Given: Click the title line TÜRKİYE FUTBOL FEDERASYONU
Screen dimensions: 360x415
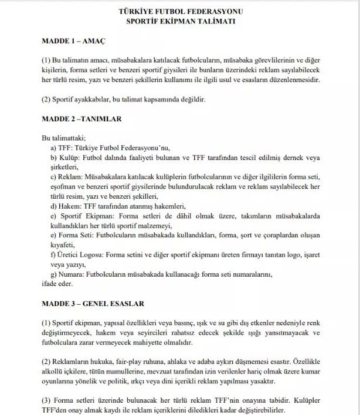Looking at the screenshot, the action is (180, 12).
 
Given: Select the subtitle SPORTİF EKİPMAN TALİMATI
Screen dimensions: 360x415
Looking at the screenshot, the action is (180, 21).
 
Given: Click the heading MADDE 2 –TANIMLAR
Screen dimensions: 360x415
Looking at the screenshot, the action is (81, 119).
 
